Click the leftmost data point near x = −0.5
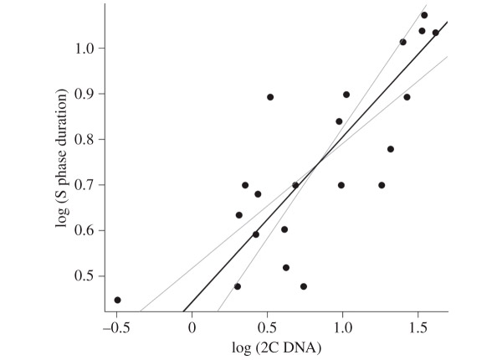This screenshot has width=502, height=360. click(x=117, y=300)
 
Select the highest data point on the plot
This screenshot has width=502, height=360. click(x=424, y=15)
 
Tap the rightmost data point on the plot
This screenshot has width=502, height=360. click(x=435, y=33)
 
